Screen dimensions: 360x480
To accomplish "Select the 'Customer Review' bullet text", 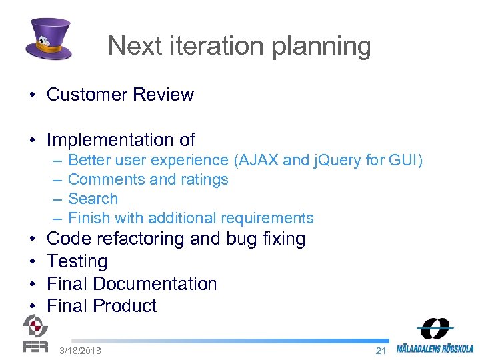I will [120, 95].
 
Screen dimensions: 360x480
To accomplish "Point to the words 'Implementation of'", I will [121, 140].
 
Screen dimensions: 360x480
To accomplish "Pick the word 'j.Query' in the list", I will [339, 161].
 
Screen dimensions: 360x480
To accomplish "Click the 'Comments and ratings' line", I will [148, 180].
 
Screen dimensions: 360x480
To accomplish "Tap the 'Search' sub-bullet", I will [93, 199].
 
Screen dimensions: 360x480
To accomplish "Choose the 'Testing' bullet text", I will [77, 261].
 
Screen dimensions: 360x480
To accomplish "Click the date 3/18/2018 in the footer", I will [80, 351].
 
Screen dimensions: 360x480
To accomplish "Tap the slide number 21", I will [381, 351].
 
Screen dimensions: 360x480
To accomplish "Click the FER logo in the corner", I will [35, 333].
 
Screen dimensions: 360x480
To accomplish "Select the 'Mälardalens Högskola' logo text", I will [435, 348].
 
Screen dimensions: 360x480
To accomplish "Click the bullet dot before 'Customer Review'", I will [32, 95].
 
